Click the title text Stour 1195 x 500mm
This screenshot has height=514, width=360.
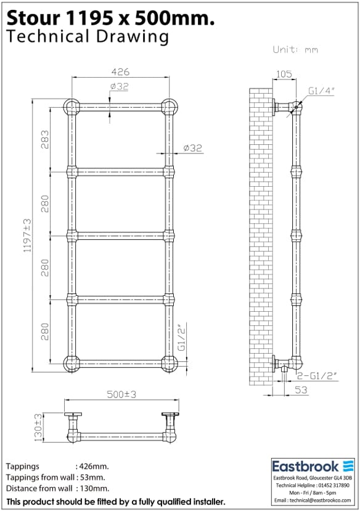(x=111, y=18)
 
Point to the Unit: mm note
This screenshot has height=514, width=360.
(x=295, y=50)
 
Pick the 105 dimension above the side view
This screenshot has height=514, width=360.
(x=283, y=75)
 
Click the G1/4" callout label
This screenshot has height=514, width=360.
(x=321, y=91)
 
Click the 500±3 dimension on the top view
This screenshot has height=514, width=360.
(x=121, y=395)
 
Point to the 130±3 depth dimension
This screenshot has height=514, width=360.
(x=39, y=428)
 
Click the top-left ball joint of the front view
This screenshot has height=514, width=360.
(x=71, y=107)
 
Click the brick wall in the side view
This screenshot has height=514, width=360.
(x=259, y=234)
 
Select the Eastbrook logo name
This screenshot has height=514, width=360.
(x=306, y=467)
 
